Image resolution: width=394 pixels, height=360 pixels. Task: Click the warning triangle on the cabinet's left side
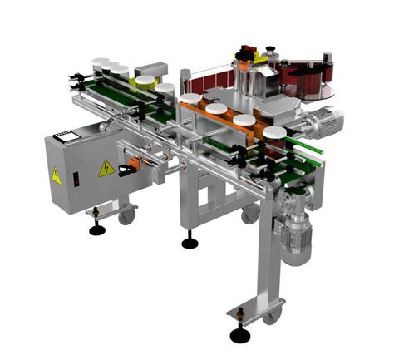pyautogui.click(x=57, y=176)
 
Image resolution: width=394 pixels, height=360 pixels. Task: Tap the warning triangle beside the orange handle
pyautogui.click(x=106, y=169)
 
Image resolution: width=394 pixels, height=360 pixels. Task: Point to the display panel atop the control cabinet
pyautogui.click(x=66, y=134)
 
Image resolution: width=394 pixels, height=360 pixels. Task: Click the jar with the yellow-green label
pyautogui.click(x=145, y=82)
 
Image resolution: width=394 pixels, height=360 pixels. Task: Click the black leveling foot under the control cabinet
pyautogui.click(x=97, y=228)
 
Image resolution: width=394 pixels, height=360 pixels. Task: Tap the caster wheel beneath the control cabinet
pyautogui.click(x=126, y=217)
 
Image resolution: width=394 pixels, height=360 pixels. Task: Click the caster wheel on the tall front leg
pyautogui.click(x=271, y=316)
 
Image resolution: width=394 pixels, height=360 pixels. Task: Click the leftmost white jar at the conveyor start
pyautogui.click(x=101, y=65)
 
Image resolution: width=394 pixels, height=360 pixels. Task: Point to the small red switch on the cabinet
pyautogui.click(x=75, y=177)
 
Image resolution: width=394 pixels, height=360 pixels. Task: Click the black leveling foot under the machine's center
pyautogui.click(x=190, y=243)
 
